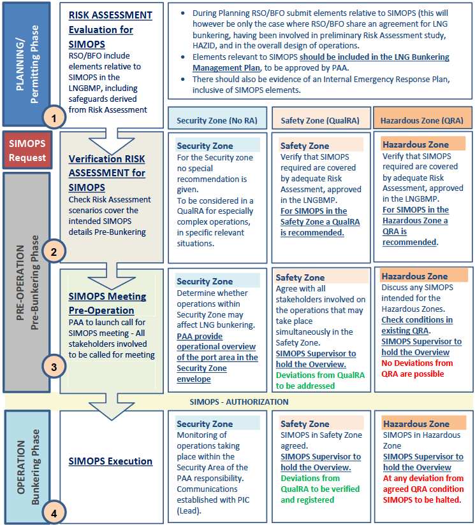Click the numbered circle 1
pyautogui.click(x=54, y=117)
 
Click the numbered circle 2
pyautogui.click(x=54, y=252)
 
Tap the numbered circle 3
pyautogui.click(x=54, y=367)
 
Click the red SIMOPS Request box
pyautogui.click(x=27, y=151)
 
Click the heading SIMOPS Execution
pyautogui.click(x=110, y=461)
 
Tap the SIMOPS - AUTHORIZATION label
pyautogui.click(x=239, y=402)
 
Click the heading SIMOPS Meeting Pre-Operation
pyautogui.click(x=107, y=303)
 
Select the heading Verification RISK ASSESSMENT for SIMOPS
pyautogui.click(x=107, y=172)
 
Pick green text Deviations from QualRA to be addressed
pyautogui.click(x=320, y=381)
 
